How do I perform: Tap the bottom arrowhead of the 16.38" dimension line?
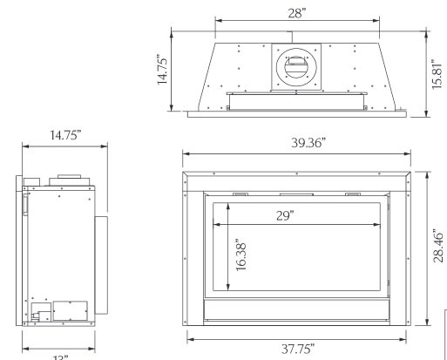[228, 289]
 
